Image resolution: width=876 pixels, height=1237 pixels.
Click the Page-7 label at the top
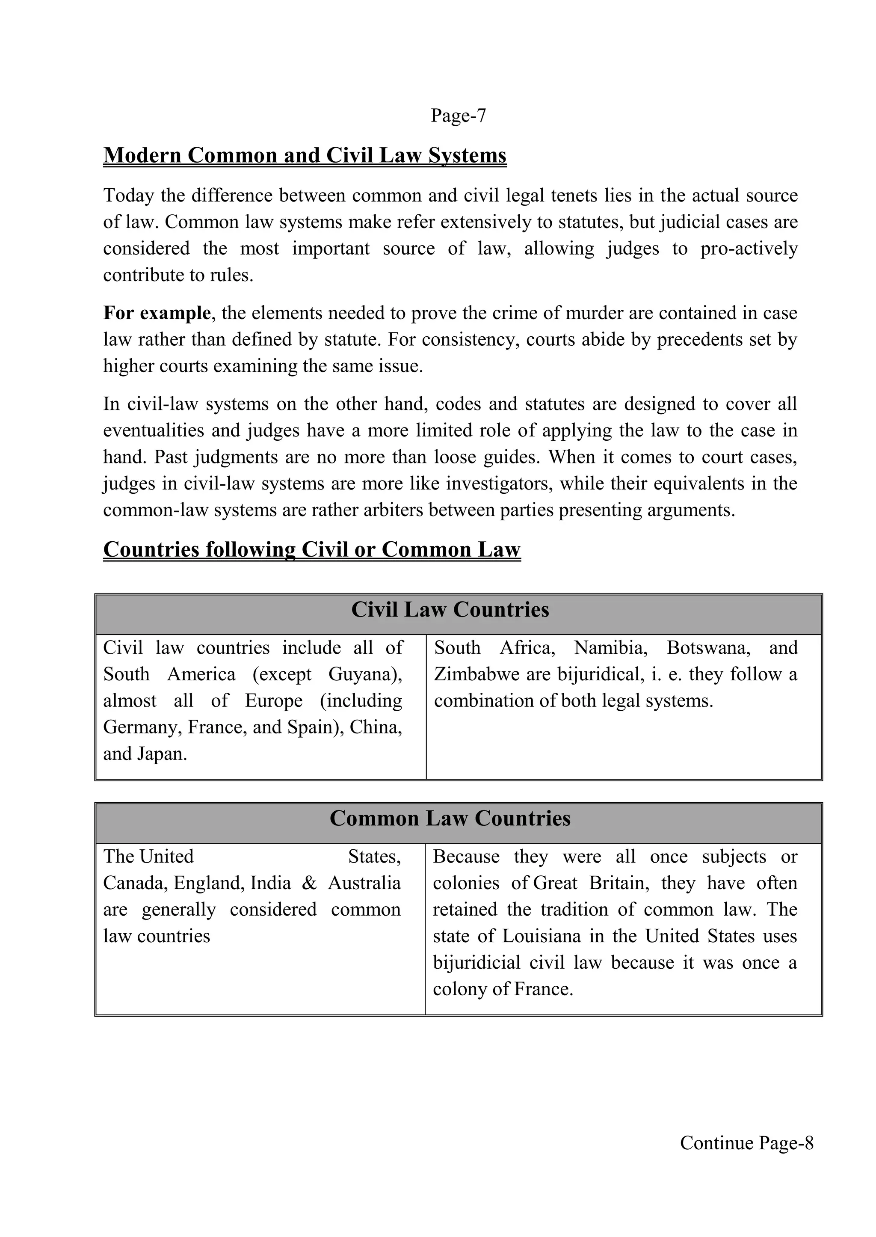tap(458, 116)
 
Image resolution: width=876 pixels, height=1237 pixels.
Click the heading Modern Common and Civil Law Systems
tap(305, 155)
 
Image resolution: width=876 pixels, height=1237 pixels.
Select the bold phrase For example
tap(157, 313)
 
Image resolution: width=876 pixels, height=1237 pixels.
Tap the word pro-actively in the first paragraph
tap(748, 249)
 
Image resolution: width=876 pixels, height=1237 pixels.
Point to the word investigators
tap(500, 484)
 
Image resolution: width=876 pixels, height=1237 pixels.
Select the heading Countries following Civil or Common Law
tap(312, 550)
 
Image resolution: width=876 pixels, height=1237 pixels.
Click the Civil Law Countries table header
tap(450, 610)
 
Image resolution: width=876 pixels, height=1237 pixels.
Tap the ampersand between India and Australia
tap(309, 883)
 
